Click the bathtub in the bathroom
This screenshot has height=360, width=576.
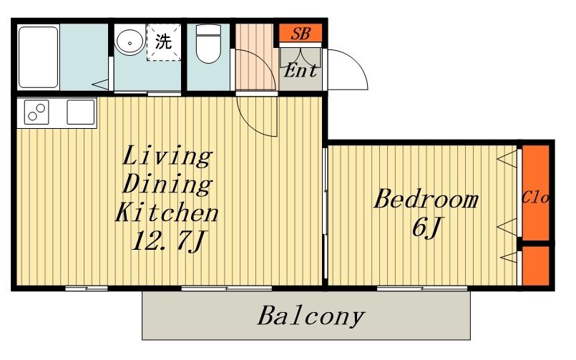pyautogui.click(x=39, y=57)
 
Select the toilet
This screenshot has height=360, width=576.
pyautogui.click(x=208, y=44)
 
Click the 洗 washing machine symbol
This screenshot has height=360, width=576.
pyautogui.click(x=163, y=42)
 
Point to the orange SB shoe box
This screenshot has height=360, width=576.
pyautogui.click(x=301, y=34)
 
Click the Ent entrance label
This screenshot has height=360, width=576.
pyautogui.click(x=301, y=70)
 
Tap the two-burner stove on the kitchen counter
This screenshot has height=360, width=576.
pyautogui.click(x=36, y=112)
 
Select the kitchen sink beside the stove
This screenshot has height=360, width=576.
pyautogui.click(x=81, y=112)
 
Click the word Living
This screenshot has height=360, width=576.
pyautogui.click(x=167, y=156)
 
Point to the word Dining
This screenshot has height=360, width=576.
pyautogui.click(x=167, y=184)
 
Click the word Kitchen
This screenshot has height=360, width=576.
pyautogui.click(x=167, y=212)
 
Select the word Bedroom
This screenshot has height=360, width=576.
pyautogui.click(x=426, y=200)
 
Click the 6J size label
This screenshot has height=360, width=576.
pyautogui.click(x=426, y=227)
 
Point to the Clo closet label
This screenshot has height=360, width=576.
pyautogui.click(x=535, y=198)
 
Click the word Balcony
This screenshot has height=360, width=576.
pyautogui.click(x=311, y=316)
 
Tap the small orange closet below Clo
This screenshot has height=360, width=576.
pyautogui.click(x=536, y=266)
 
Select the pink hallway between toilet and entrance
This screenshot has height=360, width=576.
pyautogui.click(x=255, y=57)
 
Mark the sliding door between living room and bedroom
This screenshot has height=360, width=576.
pyautogui.click(x=325, y=213)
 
